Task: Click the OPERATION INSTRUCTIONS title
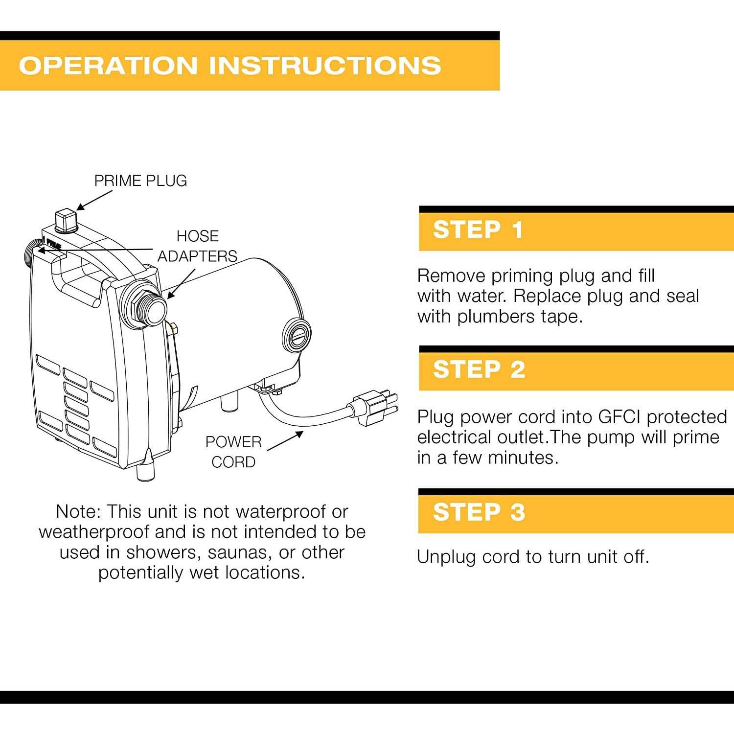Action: [230, 66]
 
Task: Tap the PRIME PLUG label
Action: [140, 181]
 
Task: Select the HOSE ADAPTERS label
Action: [197, 246]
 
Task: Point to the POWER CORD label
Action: [233, 452]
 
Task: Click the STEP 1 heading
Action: [478, 229]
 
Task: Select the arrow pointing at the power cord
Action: [285, 441]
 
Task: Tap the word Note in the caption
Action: [78, 512]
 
